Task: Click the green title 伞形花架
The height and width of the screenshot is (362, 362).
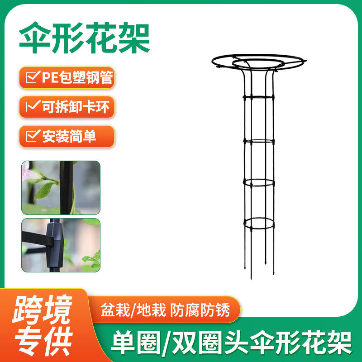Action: (x=85, y=38)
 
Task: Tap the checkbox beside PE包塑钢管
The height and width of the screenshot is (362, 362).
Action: (x=32, y=77)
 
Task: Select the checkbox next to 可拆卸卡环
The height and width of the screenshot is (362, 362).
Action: (x=32, y=107)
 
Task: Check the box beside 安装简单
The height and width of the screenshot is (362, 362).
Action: (x=32, y=136)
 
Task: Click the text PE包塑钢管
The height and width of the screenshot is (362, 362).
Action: (x=77, y=77)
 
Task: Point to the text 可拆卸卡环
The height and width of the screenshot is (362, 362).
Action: (x=76, y=107)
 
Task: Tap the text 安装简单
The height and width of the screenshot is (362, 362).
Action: (x=69, y=137)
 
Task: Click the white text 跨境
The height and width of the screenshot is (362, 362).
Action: (x=43, y=310)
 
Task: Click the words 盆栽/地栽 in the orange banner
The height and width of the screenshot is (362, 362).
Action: (x=133, y=310)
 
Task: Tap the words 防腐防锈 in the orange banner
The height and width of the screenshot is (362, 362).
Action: (x=200, y=310)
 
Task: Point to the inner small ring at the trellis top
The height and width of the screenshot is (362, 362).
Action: (x=258, y=68)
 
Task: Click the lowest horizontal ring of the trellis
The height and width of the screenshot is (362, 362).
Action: (x=259, y=229)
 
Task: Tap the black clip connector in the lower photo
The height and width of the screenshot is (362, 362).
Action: (x=54, y=245)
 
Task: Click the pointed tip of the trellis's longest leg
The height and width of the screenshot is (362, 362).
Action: (x=252, y=279)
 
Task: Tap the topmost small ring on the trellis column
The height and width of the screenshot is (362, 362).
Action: (x=258, y=100)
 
